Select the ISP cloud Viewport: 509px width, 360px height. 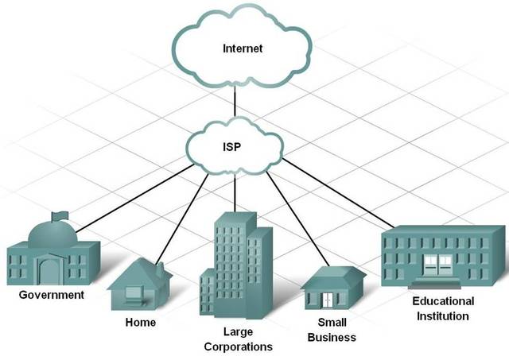click(235, 147)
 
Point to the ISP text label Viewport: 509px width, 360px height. click(235, 146)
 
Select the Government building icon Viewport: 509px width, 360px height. click(52, 254)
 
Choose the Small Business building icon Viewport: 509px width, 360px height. click(333, 289)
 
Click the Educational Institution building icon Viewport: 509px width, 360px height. click(443, 257)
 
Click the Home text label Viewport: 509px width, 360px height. click(141, 323)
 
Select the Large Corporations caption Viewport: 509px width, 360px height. click(238, 339)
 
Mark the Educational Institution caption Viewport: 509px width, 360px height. click(443, 308)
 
